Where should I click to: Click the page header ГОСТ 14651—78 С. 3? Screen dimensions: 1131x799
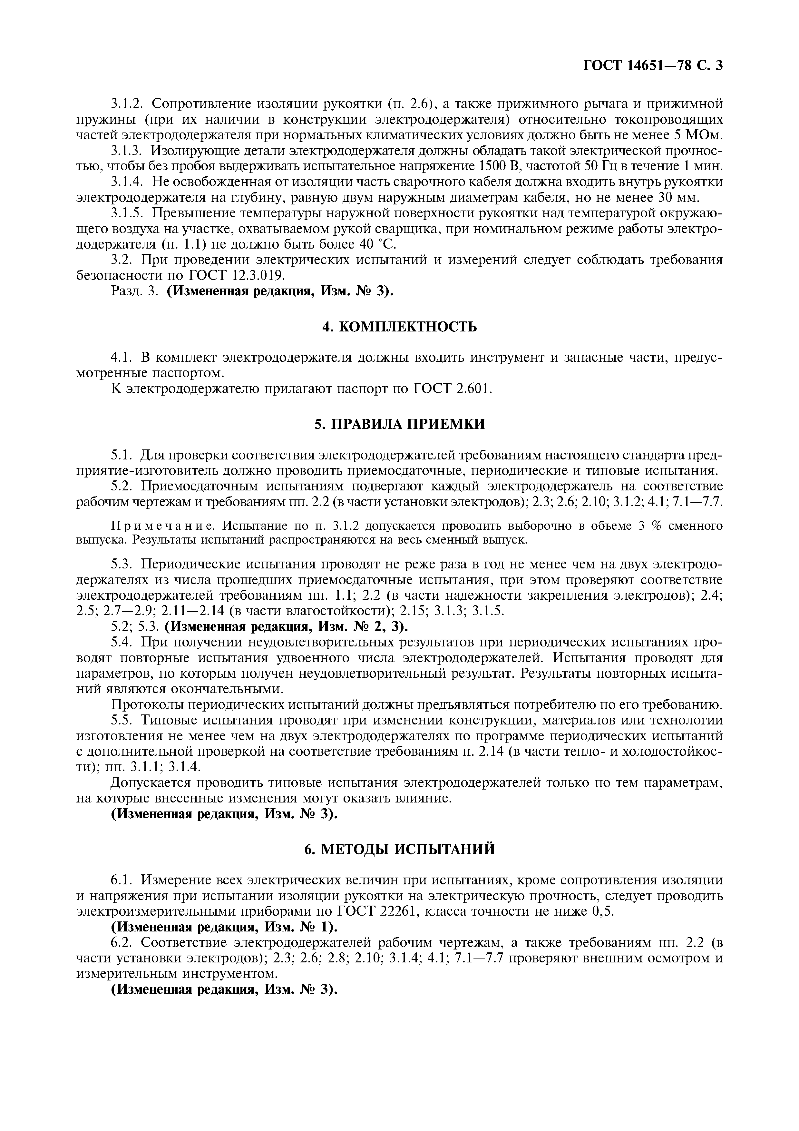pos(653,66)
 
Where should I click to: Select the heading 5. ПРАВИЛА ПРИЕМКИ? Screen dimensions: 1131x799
pos(399,424)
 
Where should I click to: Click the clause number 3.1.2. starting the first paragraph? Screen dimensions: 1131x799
pos(127,103)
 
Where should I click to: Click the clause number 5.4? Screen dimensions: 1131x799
pos(123,642)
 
